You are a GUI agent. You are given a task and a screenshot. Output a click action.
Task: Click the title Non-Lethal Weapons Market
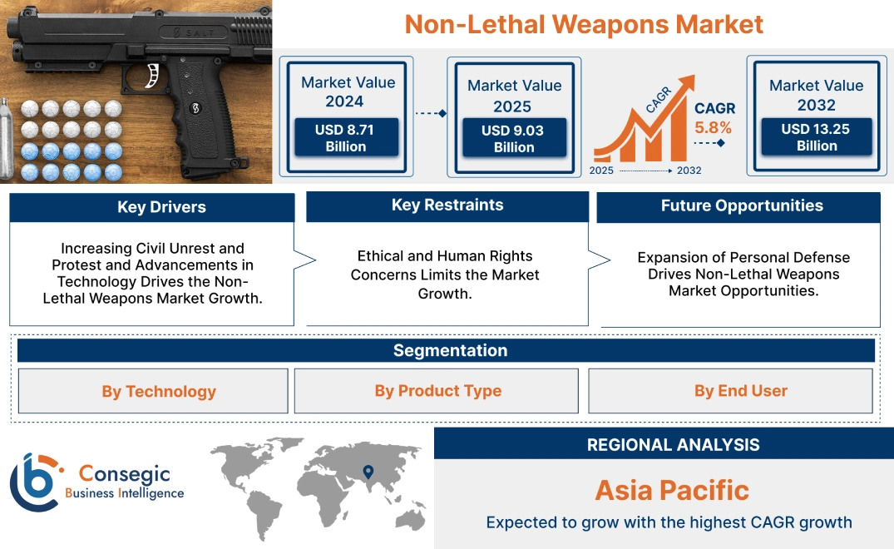point(584,23)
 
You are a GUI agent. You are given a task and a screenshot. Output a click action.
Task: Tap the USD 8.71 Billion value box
point(346,137)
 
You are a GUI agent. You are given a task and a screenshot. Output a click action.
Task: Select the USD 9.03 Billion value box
point(514,138)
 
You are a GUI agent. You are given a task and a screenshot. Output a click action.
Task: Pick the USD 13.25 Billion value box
point(817,136)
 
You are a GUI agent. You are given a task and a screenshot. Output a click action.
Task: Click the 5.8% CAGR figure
point(714,127)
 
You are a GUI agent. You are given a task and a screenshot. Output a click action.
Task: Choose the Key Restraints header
point(447,205)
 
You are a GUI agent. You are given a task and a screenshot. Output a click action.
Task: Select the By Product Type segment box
point(437,391)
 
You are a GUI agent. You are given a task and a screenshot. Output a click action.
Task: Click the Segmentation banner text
point(450,350)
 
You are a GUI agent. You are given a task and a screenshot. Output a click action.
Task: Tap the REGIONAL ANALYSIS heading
point(673,444)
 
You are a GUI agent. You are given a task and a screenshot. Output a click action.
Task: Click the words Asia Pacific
point(672,490)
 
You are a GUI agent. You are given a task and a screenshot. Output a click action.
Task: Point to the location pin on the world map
point(367,473)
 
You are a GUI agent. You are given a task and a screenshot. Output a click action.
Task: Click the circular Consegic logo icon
point(33,482)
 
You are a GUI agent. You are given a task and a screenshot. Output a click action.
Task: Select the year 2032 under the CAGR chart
point(689,171)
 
